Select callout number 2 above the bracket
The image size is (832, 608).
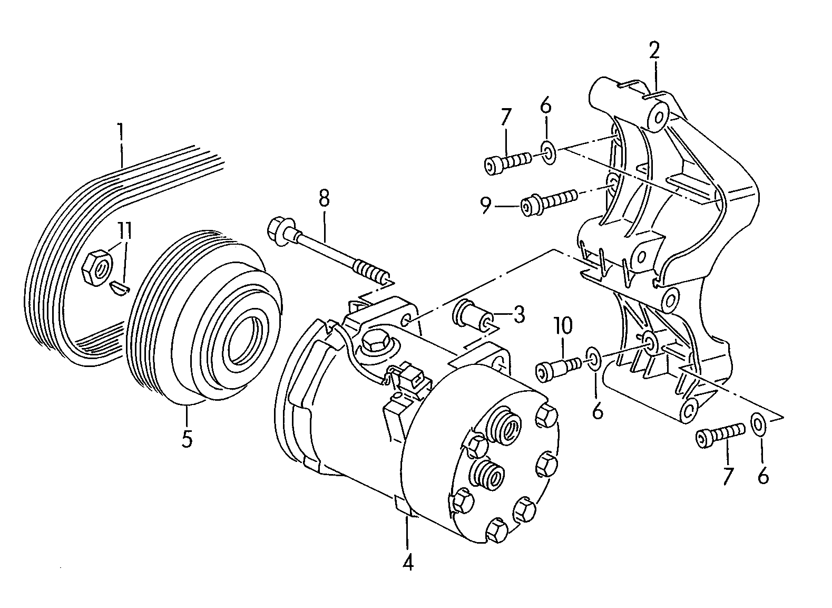(654, 51)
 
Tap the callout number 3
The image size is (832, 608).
(518, 314)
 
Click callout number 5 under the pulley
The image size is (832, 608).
(187, 439)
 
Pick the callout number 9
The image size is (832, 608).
(485, 205)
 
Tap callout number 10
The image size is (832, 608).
(563, 325)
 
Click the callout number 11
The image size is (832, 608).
(125, 231)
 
